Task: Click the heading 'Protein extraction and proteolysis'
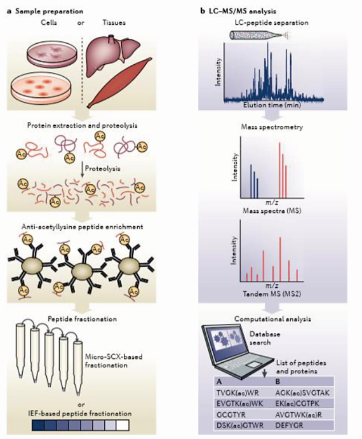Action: [x=83, y=125]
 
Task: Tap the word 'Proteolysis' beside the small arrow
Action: [x=102, y=168]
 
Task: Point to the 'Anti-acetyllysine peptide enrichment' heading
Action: [x=83, y=227]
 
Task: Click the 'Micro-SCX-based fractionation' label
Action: [x=114, y=361]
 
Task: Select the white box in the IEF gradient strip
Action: [x=123, y=425]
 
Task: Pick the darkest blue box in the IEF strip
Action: [x=38, y=425]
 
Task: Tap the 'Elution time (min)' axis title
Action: [x=272, y=105]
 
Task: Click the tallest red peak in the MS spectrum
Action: [x=279, y=170]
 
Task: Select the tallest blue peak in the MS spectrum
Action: [x=251, y=181]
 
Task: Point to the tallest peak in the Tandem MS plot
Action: [x=280, y=259]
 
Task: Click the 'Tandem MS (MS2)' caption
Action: [x=272, y=294]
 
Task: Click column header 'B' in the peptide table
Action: [x=278, y=381]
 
